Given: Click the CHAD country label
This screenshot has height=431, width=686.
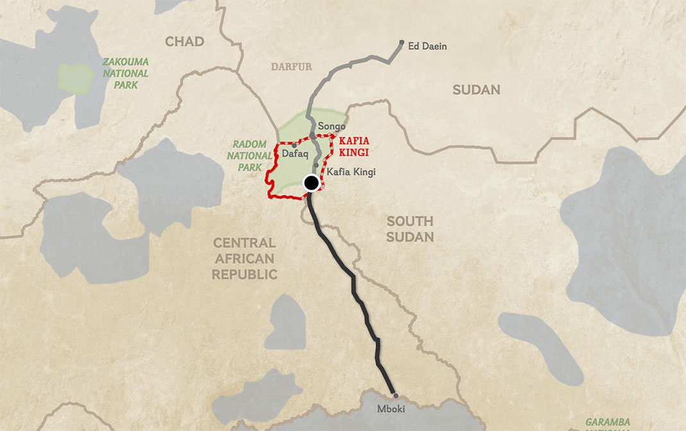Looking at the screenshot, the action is click(185, 42).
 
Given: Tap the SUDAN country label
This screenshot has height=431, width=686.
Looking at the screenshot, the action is click(476, 90).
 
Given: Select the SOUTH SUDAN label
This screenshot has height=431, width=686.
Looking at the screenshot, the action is click(410, 229).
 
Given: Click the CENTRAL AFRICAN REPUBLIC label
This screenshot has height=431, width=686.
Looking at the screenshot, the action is click(244, 259).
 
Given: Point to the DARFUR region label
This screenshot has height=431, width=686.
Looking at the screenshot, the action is click(291, 67).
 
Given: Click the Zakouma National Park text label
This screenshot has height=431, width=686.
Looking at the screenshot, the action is click(126, 73).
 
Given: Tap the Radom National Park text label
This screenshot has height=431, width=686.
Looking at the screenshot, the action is click(249, 156).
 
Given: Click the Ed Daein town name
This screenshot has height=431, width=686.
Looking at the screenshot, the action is click(428, 46).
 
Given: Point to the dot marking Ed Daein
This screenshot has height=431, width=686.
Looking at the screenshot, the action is click(402, 43).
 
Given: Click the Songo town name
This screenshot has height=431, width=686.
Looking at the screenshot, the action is click(331, 126).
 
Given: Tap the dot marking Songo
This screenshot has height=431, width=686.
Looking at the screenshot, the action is click(313, 134).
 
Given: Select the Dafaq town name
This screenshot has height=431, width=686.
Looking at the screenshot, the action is click(296, 154).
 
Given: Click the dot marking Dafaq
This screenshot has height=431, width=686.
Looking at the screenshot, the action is click(294, 145).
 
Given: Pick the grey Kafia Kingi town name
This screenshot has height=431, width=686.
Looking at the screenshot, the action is click(351, 172).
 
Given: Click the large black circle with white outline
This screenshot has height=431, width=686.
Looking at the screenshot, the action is click(311, 183).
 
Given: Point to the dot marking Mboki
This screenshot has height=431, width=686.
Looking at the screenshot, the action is click(396, 396).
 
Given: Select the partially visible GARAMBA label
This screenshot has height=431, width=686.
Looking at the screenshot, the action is click(608, 423).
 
